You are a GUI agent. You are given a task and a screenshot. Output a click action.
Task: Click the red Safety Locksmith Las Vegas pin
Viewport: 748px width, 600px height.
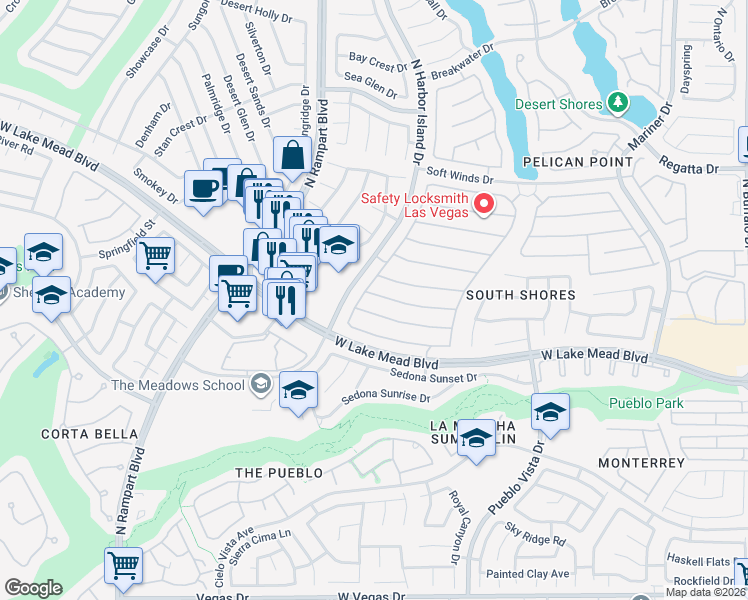pos(485,205)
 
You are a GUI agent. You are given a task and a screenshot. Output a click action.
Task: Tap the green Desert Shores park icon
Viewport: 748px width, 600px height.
pos(618,103)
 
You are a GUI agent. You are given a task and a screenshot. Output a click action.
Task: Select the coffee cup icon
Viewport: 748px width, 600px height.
pos(204,188)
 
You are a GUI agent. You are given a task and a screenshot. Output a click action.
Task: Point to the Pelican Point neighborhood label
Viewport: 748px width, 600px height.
pos(577,161)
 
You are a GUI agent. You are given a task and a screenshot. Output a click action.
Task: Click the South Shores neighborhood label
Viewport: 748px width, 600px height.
pos(521,295)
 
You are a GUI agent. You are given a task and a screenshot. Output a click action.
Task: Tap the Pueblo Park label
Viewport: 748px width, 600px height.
pos(646,403)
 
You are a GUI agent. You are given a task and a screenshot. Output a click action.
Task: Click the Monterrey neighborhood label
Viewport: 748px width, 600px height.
pos(641,463)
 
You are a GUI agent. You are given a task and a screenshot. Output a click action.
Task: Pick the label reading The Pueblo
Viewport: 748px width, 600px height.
pos(278,471)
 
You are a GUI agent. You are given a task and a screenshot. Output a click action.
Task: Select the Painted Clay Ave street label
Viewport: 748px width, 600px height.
pos(527,574)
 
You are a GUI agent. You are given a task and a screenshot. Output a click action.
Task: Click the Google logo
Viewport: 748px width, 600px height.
pos(33,588)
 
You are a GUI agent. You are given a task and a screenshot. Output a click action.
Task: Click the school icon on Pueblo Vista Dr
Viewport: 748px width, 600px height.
pos(549,411)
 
